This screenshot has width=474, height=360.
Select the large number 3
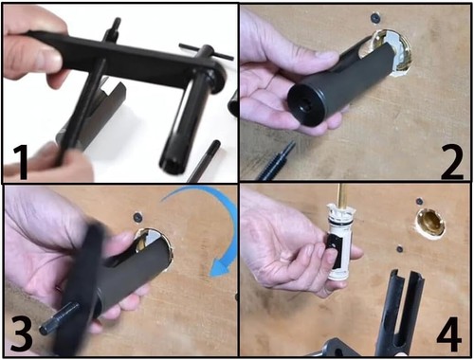[21, 334]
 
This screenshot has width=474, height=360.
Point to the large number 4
[449, 334]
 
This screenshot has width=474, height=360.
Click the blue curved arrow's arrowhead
[222, 268]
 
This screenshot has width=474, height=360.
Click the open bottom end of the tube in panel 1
[171, 164]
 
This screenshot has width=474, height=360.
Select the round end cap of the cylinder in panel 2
[306, 105]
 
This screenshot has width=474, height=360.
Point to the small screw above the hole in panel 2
[376, 18]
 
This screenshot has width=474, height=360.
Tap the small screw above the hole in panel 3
[138, 217]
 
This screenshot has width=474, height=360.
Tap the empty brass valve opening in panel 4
[430, 224]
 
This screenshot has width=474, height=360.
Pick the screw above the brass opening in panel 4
[420, 201]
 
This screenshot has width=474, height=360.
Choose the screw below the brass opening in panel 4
[400, 249]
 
